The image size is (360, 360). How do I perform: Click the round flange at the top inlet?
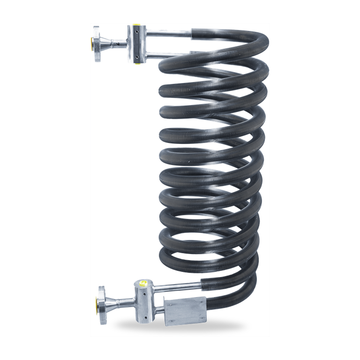click(x=97, y=44)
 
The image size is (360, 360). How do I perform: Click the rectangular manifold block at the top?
click(x=136, y=45)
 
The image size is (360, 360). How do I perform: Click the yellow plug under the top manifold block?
click(x=136, y=63)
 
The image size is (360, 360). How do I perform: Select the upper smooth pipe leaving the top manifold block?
click(x=169, y=33)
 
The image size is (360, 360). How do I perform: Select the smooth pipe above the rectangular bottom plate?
click(x=178, y=286)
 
